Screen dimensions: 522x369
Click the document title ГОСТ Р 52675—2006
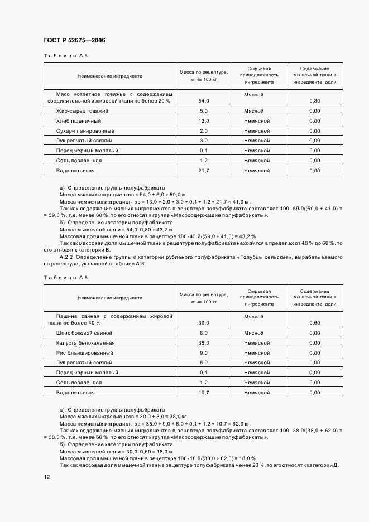pos(74,41)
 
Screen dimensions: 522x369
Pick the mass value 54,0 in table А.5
pos(203,101)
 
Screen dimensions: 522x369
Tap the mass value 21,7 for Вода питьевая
pos(203,171)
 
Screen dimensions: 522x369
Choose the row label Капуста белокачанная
pos(85,343)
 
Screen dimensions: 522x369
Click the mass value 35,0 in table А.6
pos(203,343)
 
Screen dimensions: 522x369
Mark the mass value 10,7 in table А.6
pos(203,393)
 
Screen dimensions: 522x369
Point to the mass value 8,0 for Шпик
pos(203,333)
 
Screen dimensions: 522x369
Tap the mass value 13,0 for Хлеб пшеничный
pos(203,121)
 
